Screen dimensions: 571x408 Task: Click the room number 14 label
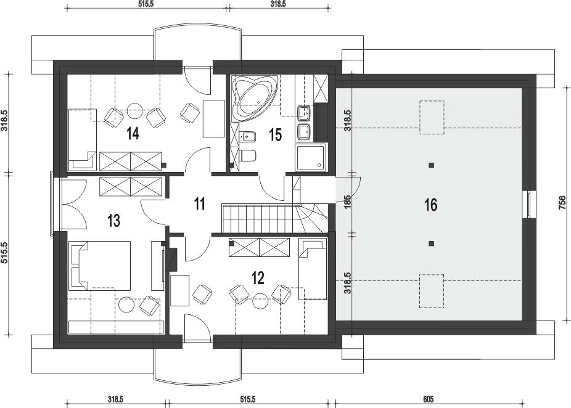pyautogui.click(x=133, y=134)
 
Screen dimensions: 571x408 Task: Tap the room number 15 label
pyautogui.click(x=275, y=135)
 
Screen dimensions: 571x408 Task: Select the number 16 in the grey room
pyautogui.click(x=430, y=205)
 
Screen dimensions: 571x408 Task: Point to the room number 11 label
pyautogui.click(x=199, y=204)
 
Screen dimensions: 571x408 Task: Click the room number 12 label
pyautogui.click(x=258, y=279)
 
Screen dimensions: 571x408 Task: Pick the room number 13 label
pyautogui.click(x=114, y=220)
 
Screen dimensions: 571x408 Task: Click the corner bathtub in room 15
pyautogui.click(x=255, y=98)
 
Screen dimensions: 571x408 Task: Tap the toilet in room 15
pyautogui.click(x=249, y=156)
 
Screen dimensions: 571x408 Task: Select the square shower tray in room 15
pyautogui.click(x=312, y=157)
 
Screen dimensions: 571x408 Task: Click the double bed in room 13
pyautogui.click(x=101, y=265)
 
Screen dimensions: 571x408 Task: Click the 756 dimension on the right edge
pyautogui.click(x=562, y=203)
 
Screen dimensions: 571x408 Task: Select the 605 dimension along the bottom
pyautogui.click(x=429, y=399)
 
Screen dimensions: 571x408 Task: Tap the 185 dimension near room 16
pyautogui.click(x=347, y=202)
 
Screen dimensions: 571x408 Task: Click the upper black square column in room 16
pyautogui.click(x=432, y=165)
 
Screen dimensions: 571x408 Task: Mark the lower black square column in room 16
pyautogui.click(x=432, y=243)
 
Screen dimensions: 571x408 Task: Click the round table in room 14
pyautogui.click(x=135, y=110)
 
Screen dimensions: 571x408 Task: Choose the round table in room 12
pyautogui.click(x=261, y=301)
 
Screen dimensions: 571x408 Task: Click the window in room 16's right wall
pyautogui.click(x=528, y=204)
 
